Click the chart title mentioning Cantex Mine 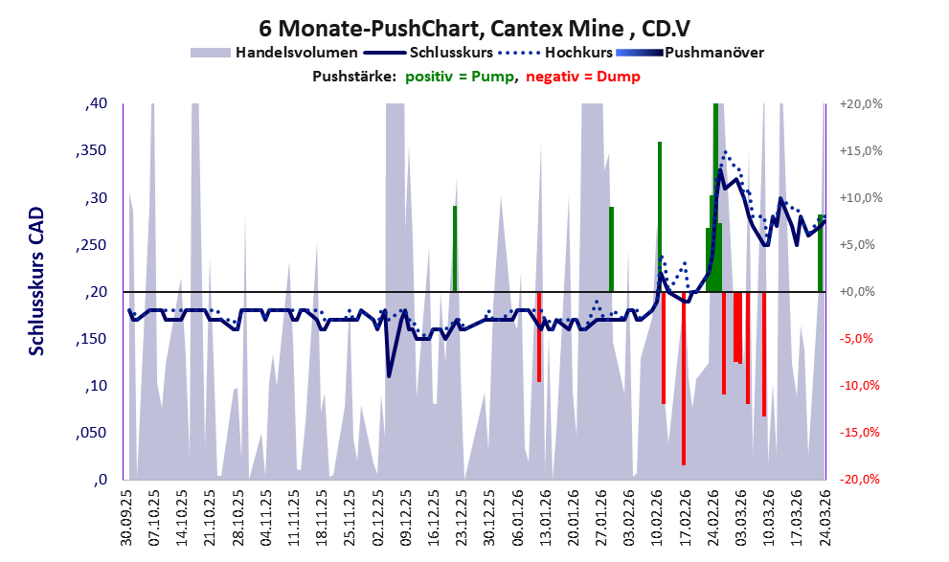pos(475,28)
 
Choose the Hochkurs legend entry pos(555,53)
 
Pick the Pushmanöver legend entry pos(689,53)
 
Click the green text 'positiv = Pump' pos(460,77)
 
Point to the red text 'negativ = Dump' pos(583,77)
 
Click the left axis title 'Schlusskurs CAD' pos(37,281)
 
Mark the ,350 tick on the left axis pos(91,150)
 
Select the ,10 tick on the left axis pos(96,386)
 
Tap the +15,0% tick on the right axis pos(861,150)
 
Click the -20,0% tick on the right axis pos(859,479)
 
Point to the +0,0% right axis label pos(857,292)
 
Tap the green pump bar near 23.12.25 pos(455,249)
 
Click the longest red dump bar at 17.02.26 pos(684,379)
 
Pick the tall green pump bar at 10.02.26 pos(660,216)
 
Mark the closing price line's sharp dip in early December pos(389,375)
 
